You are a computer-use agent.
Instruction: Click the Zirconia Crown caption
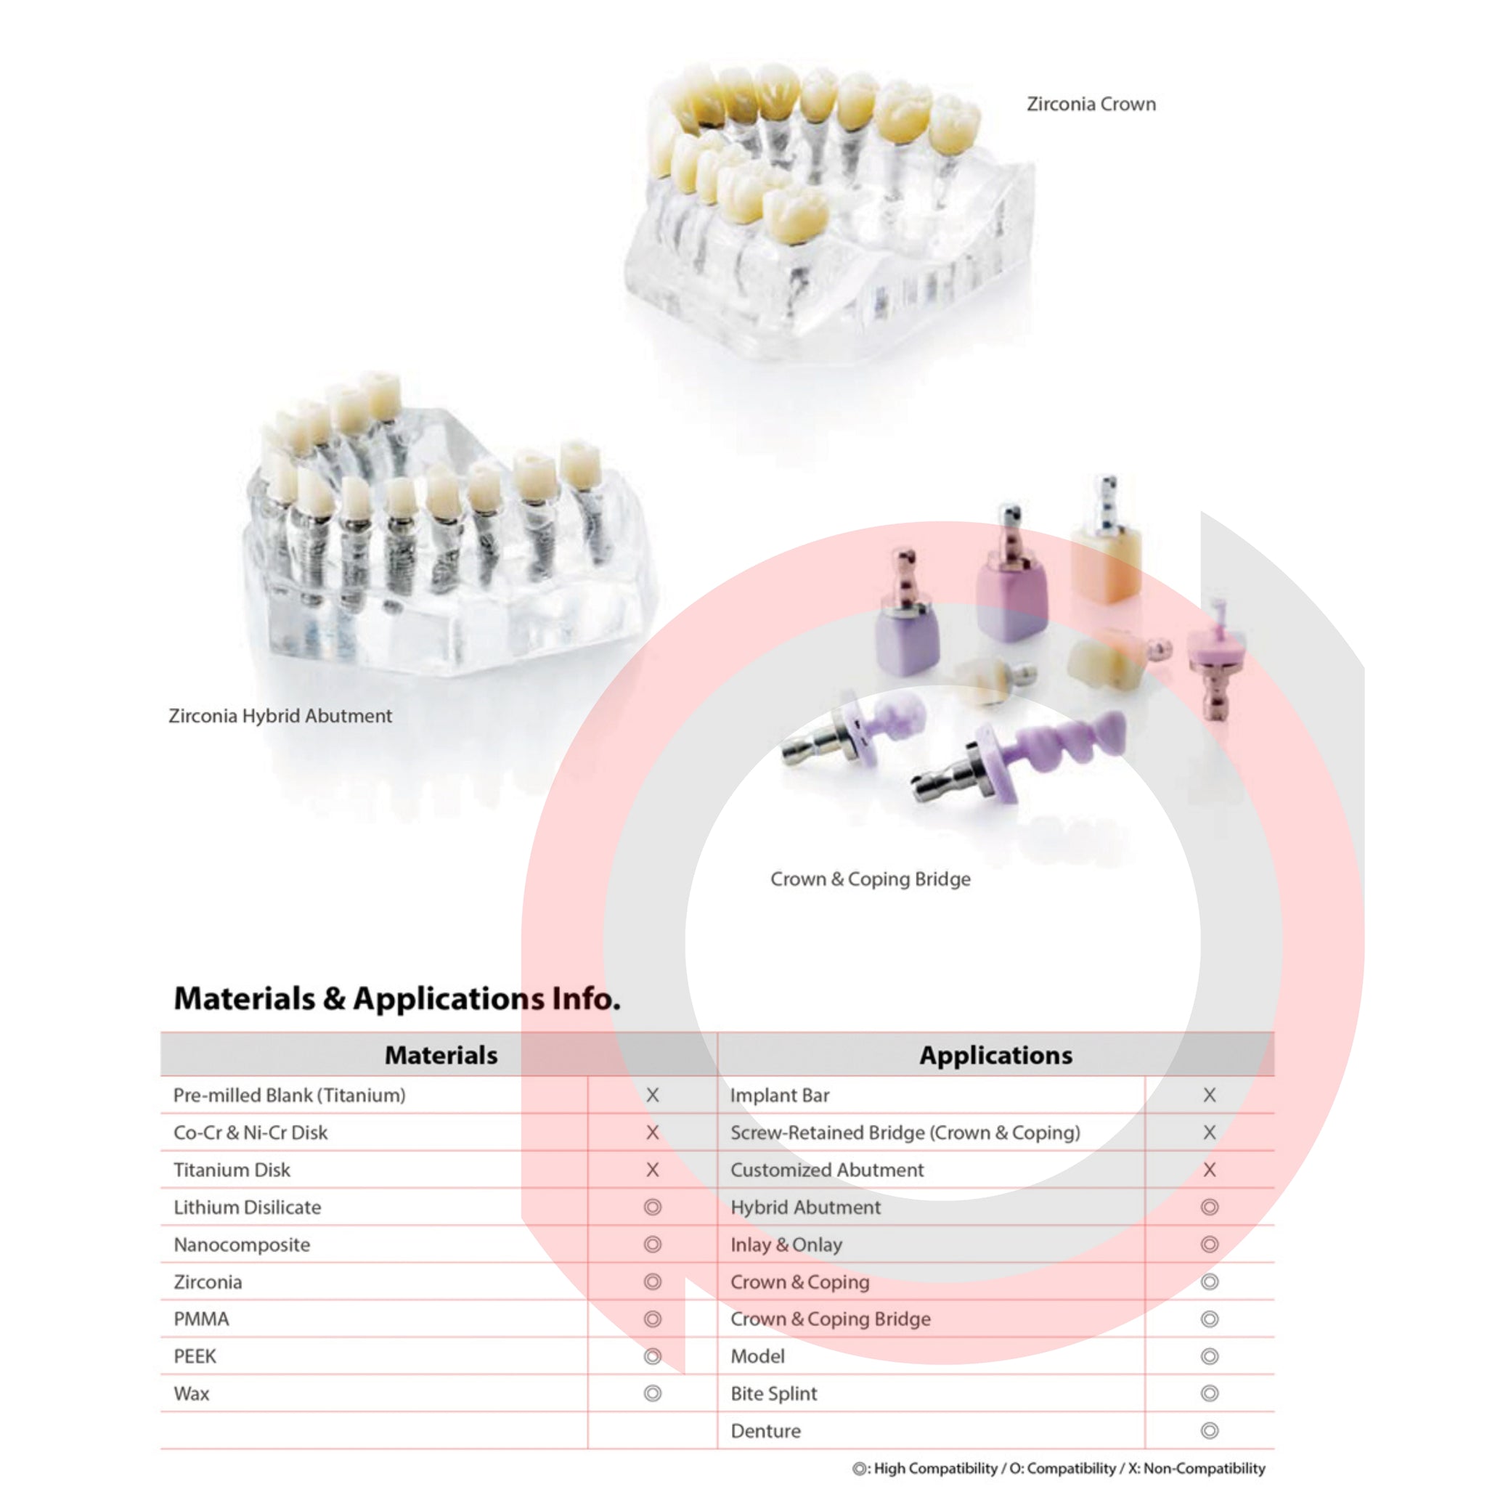tap(1091, 104)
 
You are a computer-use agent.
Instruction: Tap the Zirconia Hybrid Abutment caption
tap(280, 716)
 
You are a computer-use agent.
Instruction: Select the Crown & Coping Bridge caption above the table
tap(871, 879)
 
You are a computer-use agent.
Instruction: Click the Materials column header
tap(441, 1054)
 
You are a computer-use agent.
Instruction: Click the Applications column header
tap(996, 1054)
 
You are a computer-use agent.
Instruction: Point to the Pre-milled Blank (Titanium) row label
tap(290, 1095)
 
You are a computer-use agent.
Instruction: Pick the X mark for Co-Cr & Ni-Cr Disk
tap(653, 1132)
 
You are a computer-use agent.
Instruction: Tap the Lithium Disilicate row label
tap(247, 1207)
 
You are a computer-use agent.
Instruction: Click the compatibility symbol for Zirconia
tap(653, 1282)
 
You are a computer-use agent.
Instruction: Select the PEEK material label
tap(195, 1356)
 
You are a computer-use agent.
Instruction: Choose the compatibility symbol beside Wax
tap(653, 1393)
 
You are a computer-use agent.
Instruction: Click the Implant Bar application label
tap(780, 1095)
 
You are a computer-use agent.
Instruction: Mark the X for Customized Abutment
tap(1210, 1170)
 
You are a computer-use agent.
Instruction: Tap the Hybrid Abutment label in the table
tap(806, 1207)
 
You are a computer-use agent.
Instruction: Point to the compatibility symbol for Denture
tap(1210, 1431)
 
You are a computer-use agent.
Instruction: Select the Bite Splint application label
tap(773, 1393)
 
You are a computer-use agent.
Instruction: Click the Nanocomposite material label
tap(242, 1244)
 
